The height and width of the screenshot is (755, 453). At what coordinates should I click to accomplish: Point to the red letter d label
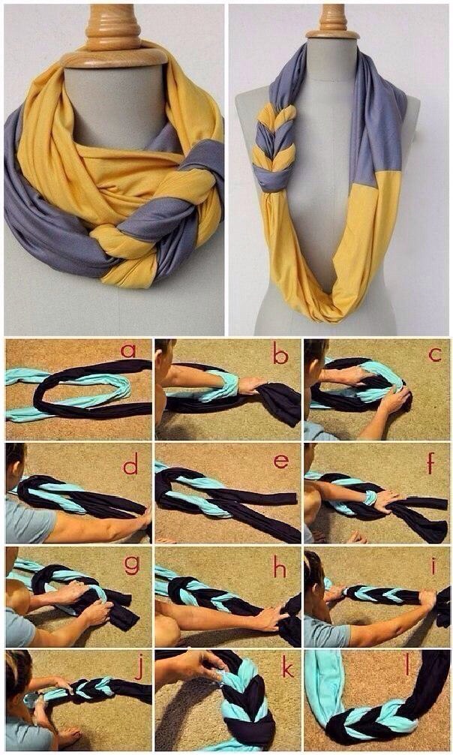130,466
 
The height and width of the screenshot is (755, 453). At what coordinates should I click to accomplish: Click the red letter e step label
281,460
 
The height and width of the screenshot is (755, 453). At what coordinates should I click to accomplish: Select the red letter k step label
286,667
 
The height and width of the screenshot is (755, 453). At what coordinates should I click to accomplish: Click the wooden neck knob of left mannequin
113,30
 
